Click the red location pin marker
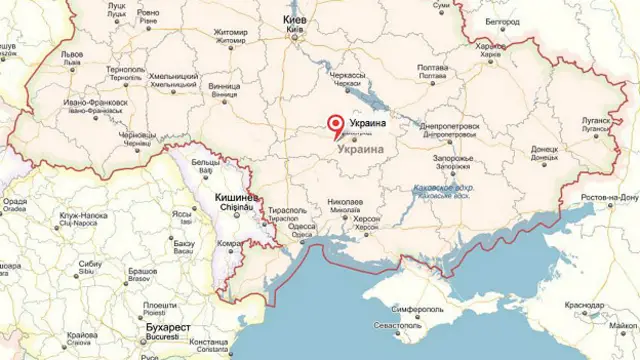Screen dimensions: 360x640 coord(335,124)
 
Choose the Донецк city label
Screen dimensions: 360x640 coord(545,149)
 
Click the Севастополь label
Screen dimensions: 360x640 coord(397,327)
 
